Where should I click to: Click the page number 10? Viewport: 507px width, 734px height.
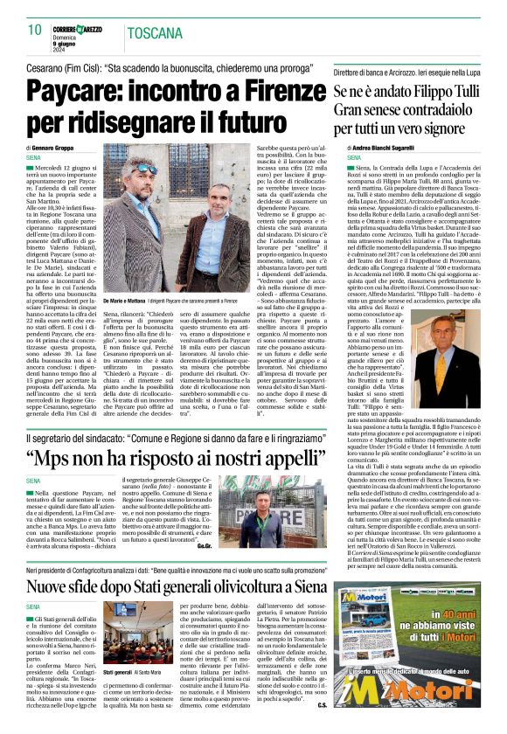point(35,30)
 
